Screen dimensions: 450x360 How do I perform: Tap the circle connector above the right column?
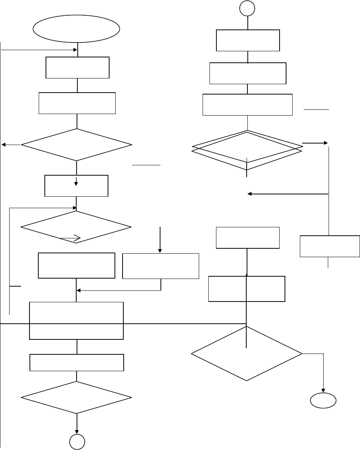tap(247, 9)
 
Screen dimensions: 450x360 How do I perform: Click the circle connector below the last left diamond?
tap(77, 442)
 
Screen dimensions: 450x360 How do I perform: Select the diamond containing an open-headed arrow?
tap(76, 228)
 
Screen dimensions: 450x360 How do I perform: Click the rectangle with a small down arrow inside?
tap(76, 186)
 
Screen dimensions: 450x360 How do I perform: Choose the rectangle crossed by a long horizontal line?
tap(76, 320)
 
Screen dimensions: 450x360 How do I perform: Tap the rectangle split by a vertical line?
tap(247, 289)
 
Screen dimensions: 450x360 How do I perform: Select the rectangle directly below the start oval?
tap(77, 68)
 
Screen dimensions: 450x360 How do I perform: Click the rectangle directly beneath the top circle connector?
tap(248, 40)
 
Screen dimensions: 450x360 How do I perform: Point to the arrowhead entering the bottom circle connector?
tap(77, 430)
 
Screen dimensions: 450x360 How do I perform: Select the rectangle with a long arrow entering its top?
tap(160, 266)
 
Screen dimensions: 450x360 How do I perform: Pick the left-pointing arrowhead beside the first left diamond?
tap(4, 145)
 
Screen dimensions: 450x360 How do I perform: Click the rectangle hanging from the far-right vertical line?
tap(329, 246)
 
